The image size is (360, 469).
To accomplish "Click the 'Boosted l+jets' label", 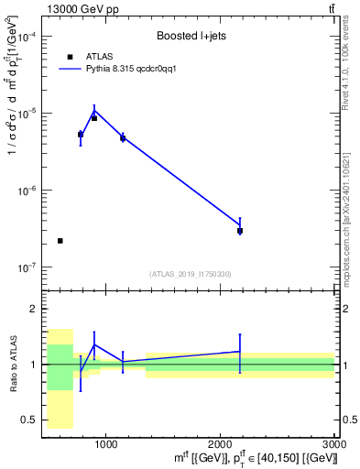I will tap(191, 36).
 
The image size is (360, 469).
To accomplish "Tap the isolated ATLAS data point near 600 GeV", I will tap(60, 241).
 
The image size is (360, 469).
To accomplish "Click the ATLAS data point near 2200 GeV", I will tap(240, 231).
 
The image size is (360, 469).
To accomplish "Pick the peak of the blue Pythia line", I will tap(94, 111).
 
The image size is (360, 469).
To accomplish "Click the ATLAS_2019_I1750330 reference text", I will tap(191, 274).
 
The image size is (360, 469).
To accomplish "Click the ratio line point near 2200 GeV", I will tap(240, 352).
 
